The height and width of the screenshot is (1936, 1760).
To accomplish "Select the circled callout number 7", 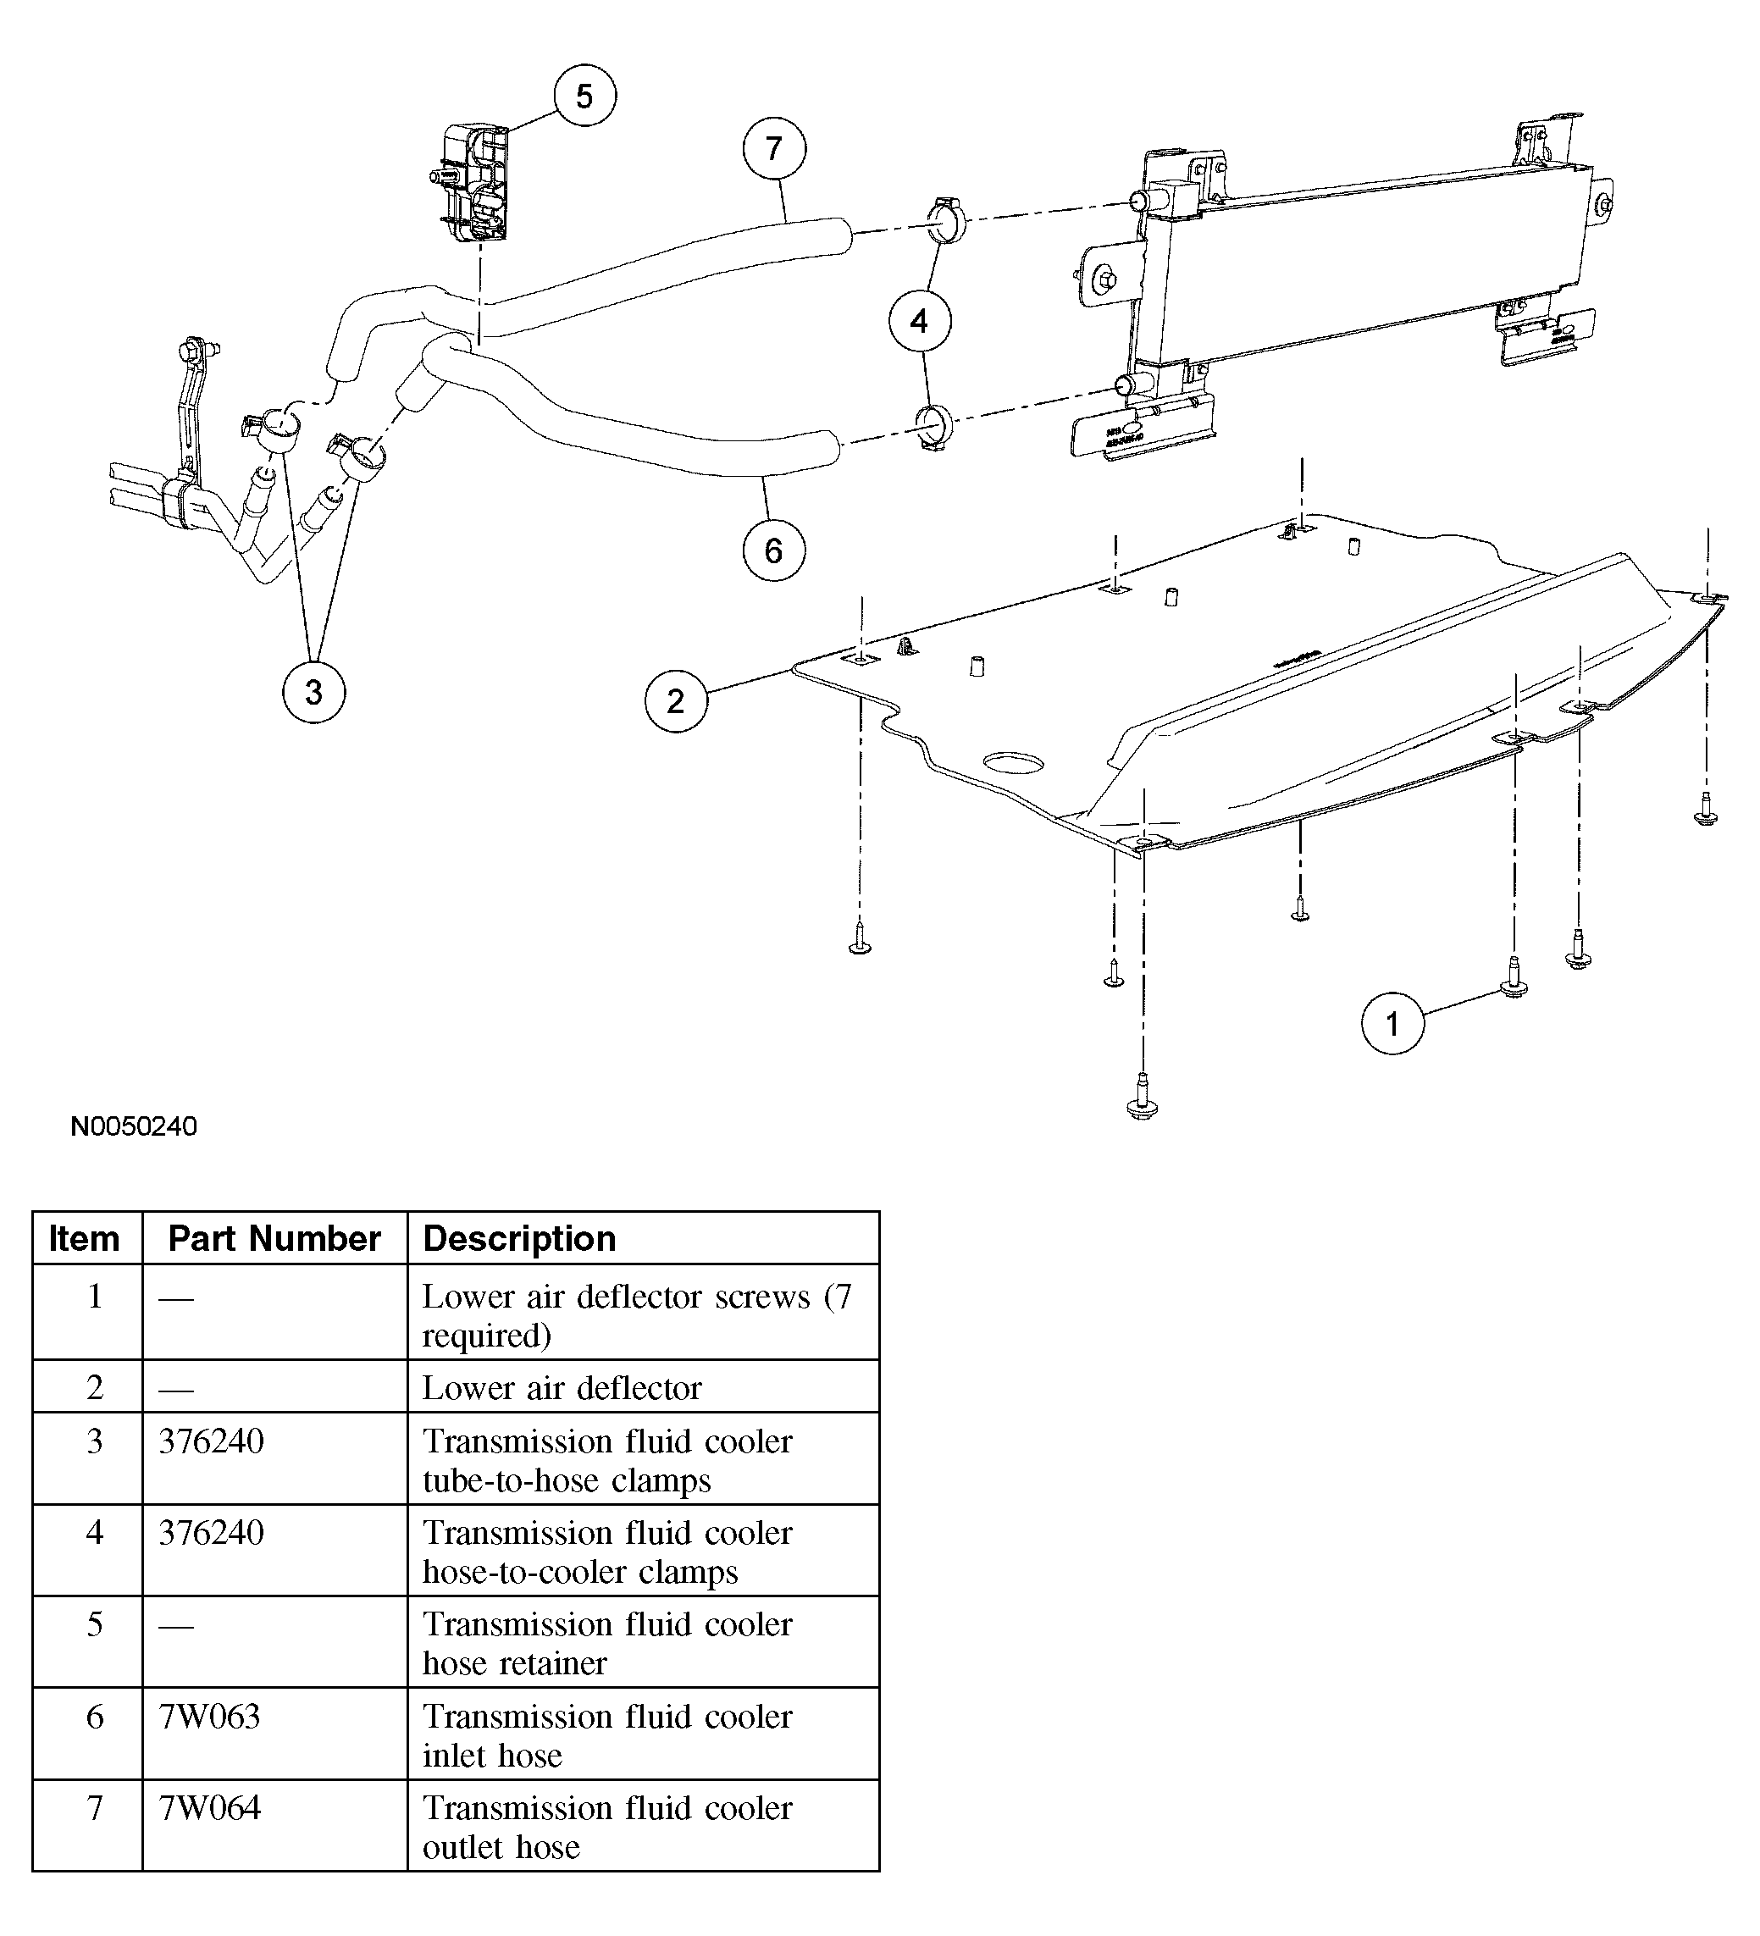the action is (x=774, y=149).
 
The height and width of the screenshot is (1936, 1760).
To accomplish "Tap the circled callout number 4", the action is (x=919, y=321).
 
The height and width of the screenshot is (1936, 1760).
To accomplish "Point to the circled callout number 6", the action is (x=774, y=550).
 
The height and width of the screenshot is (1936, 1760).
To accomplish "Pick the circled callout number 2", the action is (x=676, y=701).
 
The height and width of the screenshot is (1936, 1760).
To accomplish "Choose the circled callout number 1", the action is (x=1392, y=1024).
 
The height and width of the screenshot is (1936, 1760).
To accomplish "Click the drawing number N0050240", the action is (x=135, y=1126).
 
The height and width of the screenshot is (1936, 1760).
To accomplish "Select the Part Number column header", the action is (x=274, y=1239).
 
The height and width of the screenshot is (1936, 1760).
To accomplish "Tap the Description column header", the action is (x=519, y=1239).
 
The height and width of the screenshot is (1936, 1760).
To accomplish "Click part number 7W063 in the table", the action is (x=209, y=1716).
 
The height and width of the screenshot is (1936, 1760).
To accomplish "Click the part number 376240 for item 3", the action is (x=211, y=1441).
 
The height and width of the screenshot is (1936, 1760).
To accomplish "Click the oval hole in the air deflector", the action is (x=1014, y=762).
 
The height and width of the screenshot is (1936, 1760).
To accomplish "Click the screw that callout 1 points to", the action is (x=1514, y=977).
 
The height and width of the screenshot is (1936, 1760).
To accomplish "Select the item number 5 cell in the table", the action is (x=94, y=1623).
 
